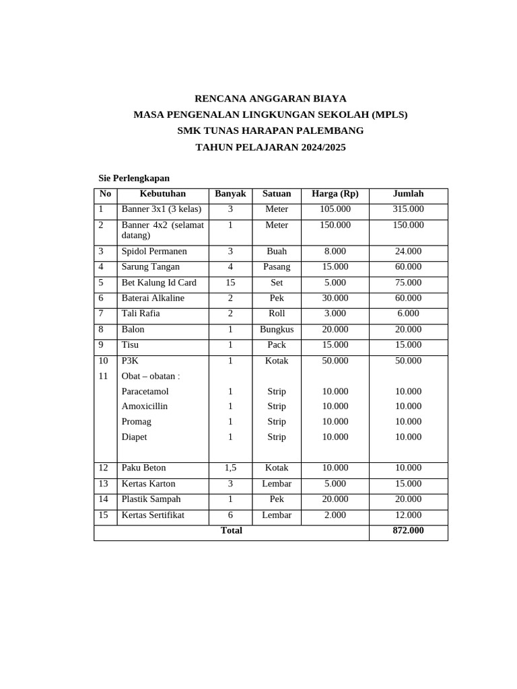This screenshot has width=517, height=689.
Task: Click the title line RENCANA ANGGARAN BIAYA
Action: pyautogui.click(x=270, y=98)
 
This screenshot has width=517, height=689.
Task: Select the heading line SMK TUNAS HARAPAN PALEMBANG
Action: pyautogui.click(x=270, y=131)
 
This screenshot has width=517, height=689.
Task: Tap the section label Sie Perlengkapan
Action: pyautogui.click(x=135, y=178)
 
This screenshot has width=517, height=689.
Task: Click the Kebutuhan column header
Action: pyautogui.click(x=162, y=194)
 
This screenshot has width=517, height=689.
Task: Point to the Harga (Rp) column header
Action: pyautogui.click(x=335, y=194)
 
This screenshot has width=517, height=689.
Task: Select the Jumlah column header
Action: pyautogui.click(x=408, y=194)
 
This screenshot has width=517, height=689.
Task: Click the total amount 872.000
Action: pyautogui.click(x=408, y=531)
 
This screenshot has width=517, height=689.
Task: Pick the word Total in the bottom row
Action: pyautogui.click(x=231, y=531)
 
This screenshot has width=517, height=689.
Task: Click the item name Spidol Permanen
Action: pyautogui.click(x=154, y=252)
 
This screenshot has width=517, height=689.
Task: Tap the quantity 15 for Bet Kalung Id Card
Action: pyautogui.click(x=230, y=283)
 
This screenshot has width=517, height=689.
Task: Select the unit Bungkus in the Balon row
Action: pyautogui.click(x=277, y=330)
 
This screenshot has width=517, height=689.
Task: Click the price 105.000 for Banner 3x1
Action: pyautogui.click(x=335, y=209)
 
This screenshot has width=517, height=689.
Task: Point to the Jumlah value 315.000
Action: pyautogui.click(x=408, y=209)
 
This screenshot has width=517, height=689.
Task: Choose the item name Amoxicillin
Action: pyautogui.click(x=145, y=406)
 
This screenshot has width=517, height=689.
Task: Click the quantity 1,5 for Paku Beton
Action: pyautogui.click(x=230, y=468)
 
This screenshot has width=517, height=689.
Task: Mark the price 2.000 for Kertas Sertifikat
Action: pyautogui.click(x=335, y=515)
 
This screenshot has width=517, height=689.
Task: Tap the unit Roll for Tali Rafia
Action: pyautogui.click(x=277, y=314)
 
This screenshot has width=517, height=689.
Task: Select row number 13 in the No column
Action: pyautogui.click(x=103, y=484)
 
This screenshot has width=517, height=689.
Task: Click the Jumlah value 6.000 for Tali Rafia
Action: pyautogui.click(x=408, y=314)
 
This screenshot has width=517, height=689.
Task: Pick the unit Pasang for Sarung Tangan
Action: pyautogui.click(x=277, y=267)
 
